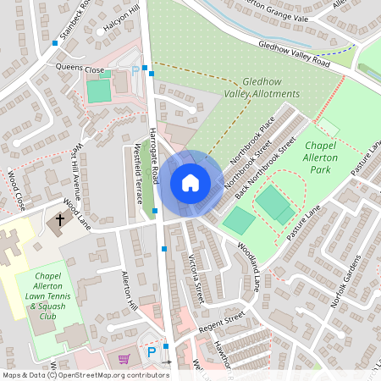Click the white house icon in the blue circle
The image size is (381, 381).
[190, 183]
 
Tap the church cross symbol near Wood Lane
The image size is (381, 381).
[60, 221]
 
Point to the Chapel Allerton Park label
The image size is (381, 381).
[320, 157]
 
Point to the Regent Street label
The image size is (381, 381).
[221, 317]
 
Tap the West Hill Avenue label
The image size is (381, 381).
[79, 174]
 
